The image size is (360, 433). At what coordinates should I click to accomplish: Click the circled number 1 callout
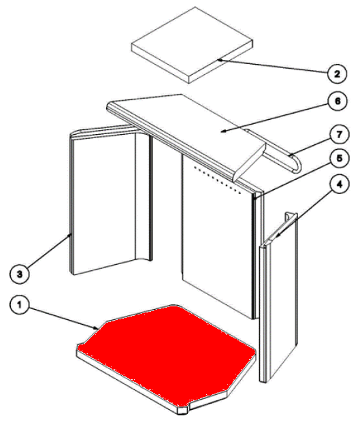pyautogui.click(x=19, y=305)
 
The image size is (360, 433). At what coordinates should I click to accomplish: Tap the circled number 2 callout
pyautogui.click(x=337, y=74)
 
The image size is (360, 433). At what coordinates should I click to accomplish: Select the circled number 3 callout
pyautogui.click(x=19, y=274)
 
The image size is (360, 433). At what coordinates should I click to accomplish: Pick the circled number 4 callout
pyautogui.click(x=340, y=185)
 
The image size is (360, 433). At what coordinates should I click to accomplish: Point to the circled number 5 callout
pyautogui.click(x=340, y=158)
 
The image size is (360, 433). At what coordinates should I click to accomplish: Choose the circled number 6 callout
pyautogui.click(x=338, y=101)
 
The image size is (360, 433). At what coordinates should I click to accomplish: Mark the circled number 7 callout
pyautogui.click(x=340, y=135)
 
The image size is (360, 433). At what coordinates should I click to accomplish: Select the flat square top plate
pyautogui.click(x=192, y=45)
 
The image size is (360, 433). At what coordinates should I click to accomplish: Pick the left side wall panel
pyautogui.click(x=110, y=199)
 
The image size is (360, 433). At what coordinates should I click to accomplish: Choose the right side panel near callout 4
pyautogui.click(x=279, y=297)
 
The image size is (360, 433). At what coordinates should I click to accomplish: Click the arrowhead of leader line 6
pyautogui.click(x=223, y=131)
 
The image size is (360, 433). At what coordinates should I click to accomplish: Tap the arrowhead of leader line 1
pyautogui.click(x=97, y=328)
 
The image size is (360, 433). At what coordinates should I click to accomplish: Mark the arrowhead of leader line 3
pyautogui.click(x=70, y=235)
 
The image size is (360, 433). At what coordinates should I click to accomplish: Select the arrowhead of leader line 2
pyautogui.click(x=219, y=59)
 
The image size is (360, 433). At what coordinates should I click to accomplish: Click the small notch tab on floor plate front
pyautogui.click(x=182, y=410)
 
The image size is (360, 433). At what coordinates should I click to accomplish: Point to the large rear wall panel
pyautogui.click(x=218, y=238)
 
